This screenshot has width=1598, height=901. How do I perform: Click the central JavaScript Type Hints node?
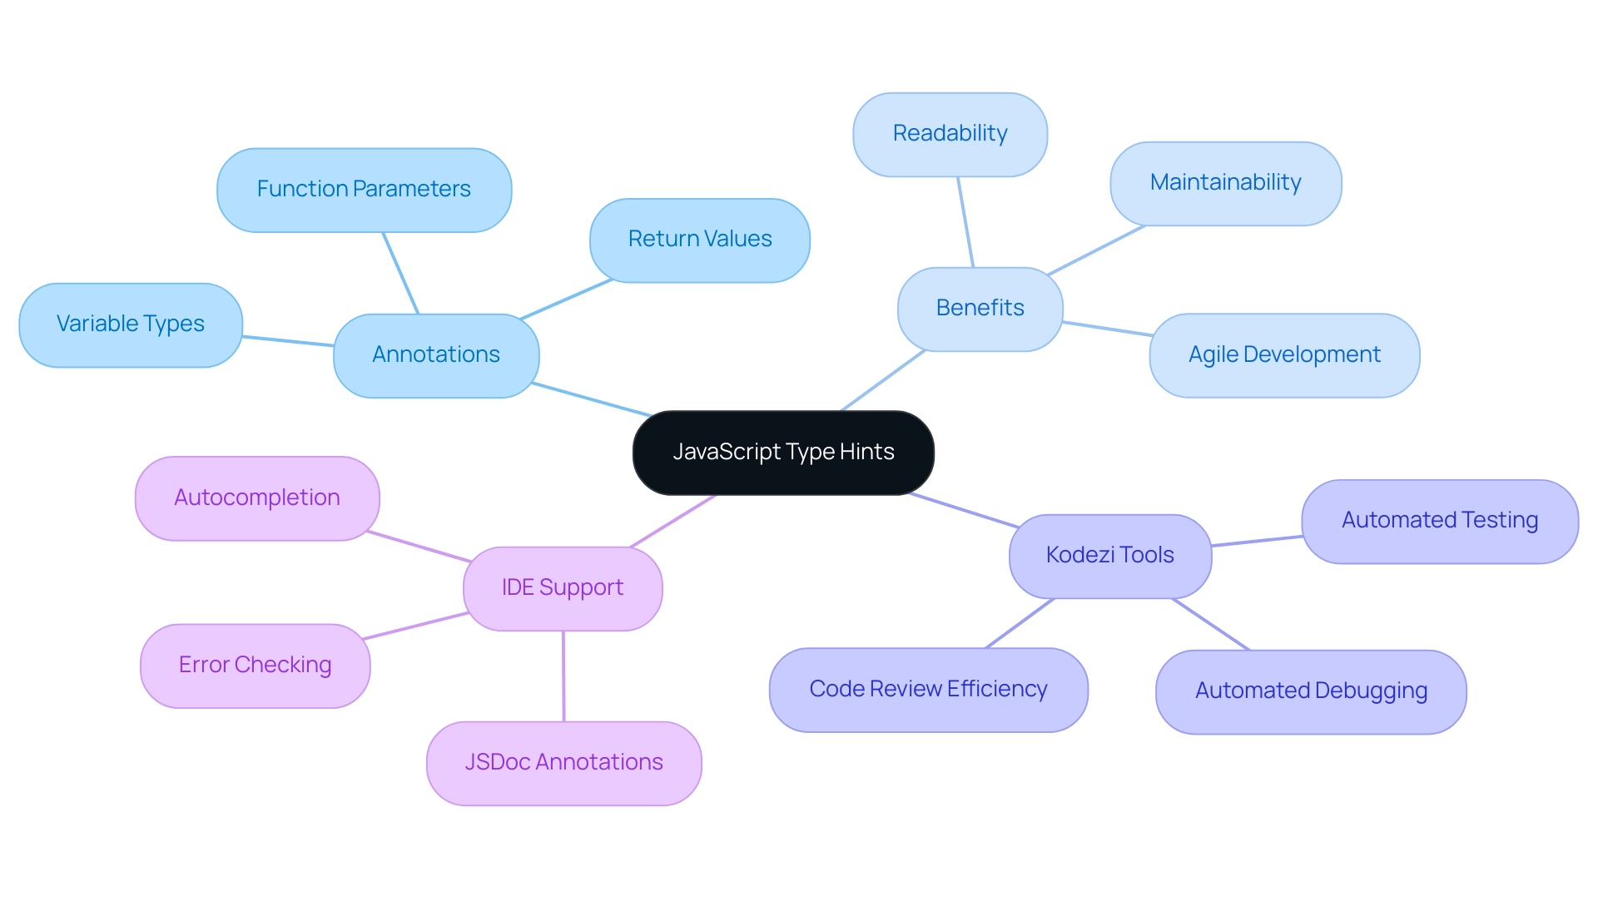point(783,453)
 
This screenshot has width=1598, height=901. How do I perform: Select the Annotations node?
point(436,355)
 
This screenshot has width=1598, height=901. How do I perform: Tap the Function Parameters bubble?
point(364,190)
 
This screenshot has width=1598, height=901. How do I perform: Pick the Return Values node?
point(699,240)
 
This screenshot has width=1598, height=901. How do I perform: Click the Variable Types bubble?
point(131,324)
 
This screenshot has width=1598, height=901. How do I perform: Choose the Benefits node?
point(980,309)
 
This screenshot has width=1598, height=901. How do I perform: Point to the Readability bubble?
point(950,134)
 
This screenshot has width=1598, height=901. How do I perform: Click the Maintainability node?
point(1225,183)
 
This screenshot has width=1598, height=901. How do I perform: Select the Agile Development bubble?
point(1283,355)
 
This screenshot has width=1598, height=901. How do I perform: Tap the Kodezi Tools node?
point(1109,556)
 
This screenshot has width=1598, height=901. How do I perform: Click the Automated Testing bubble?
point(1439,521)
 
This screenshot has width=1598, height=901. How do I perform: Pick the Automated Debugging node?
point(1311,691)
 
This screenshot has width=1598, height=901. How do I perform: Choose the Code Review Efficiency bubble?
point(928,690)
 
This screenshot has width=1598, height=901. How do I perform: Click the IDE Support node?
point(563,588)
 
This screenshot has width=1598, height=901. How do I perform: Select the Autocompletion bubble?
point(257,498)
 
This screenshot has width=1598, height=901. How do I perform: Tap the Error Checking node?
point(255,666)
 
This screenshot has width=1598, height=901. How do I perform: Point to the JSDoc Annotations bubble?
point(563,763)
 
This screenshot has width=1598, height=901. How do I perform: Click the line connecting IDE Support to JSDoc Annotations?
point(563,676)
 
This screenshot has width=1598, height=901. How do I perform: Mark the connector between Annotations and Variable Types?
point(288,341)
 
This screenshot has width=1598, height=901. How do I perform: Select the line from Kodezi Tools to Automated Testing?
point(1257,541)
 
